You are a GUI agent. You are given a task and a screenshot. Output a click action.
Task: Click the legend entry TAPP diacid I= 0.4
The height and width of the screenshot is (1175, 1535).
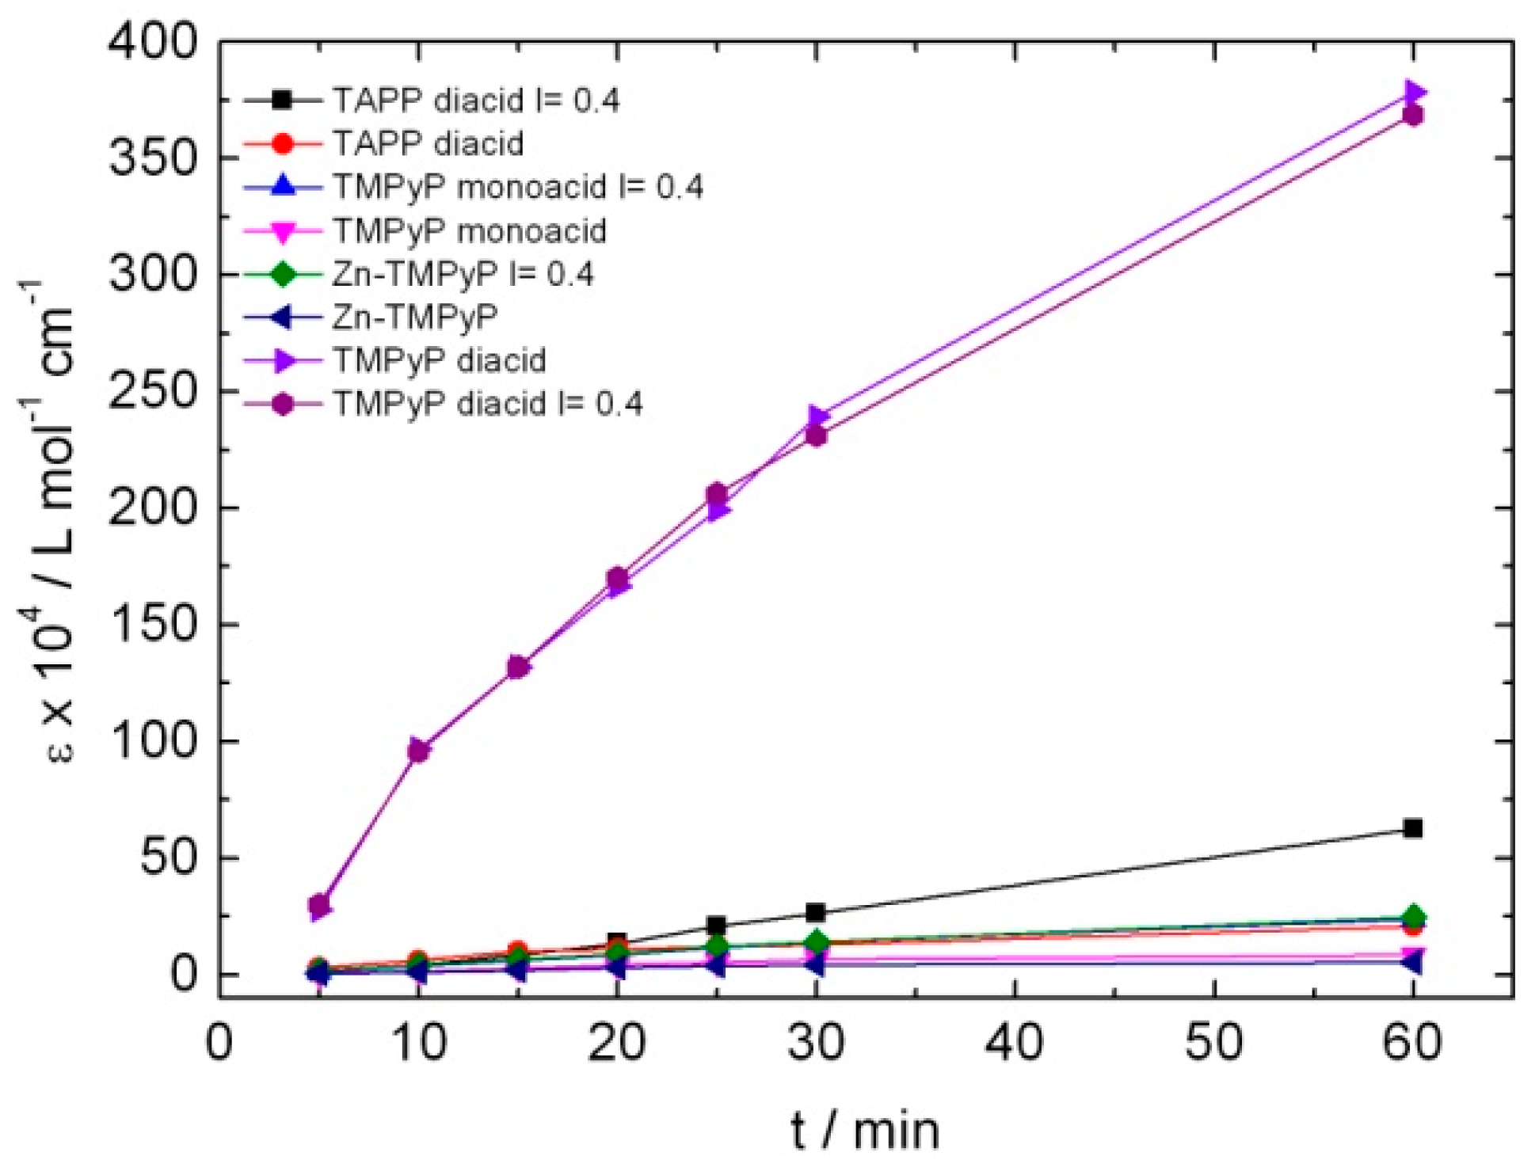[x=476, y=101]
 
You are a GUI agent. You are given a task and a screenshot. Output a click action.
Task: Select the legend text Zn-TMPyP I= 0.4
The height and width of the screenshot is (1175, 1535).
[x=463, y=275]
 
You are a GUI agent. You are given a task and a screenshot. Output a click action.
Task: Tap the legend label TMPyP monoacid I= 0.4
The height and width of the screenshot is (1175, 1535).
[x=518, y=188]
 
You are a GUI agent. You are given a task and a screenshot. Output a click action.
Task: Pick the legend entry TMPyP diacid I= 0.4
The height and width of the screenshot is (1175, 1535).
[x=487, y=405]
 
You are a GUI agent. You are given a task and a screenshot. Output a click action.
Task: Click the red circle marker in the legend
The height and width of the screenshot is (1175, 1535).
[x=283, y=144]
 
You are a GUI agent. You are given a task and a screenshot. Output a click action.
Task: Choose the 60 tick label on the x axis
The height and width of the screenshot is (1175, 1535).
[x=1412, y=1044]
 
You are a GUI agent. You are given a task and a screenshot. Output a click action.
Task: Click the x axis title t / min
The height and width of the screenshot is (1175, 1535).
[x=865, y=1131]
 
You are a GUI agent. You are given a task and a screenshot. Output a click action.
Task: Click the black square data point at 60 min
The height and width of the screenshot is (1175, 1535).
[x=1412, y=828]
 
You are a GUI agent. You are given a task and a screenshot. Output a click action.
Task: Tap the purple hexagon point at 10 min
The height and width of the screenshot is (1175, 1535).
[x=419, y=750]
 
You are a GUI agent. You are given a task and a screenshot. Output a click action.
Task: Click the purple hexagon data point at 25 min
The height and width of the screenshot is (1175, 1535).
[x=717, y=493]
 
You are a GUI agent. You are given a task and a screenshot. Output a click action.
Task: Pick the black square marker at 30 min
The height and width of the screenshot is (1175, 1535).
[x=816, y=912]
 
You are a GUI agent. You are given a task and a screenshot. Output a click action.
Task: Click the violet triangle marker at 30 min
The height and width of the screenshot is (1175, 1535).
[x=819, y=416]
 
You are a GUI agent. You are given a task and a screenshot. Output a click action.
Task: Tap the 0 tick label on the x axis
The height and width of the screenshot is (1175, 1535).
[x=219, y=1044]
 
